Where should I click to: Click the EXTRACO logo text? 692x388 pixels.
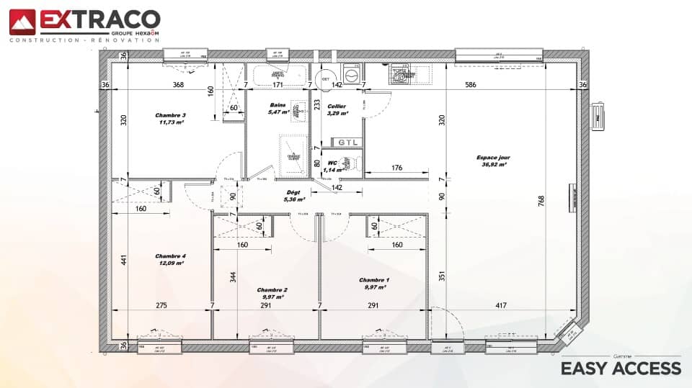click(99, 19)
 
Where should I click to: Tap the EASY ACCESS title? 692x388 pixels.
click(621, 369)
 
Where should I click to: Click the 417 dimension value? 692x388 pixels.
click(501, 306)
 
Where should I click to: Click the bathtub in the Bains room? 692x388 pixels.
click(278, 74)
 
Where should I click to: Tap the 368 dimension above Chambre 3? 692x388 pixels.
click(178, 85)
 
